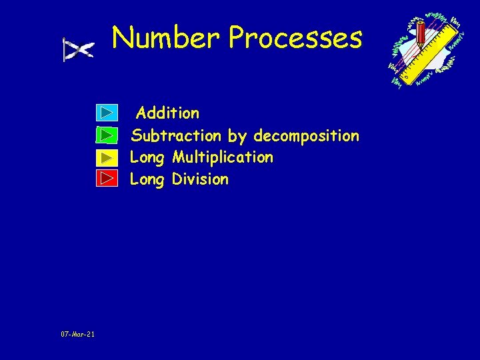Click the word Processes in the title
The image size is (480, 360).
click(x=295, y=39)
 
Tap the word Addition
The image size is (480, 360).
click(x=167, y=113)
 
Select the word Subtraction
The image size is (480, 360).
click(x=176, y=136)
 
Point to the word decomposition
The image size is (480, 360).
click(x=306, y=137)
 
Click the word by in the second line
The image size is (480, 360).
click(x=237, y=137)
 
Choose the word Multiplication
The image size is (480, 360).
click(x=223, y=157)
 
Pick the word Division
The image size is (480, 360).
click(x=200, y=179)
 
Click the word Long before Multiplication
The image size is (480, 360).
click(x=147, y=158)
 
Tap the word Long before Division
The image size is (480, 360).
click(x=147, y=179)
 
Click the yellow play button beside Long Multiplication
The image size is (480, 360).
click(x=107, y=157)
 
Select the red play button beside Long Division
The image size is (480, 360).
click(x=107, y=179)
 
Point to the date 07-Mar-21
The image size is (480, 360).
click(x=77, y=334)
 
